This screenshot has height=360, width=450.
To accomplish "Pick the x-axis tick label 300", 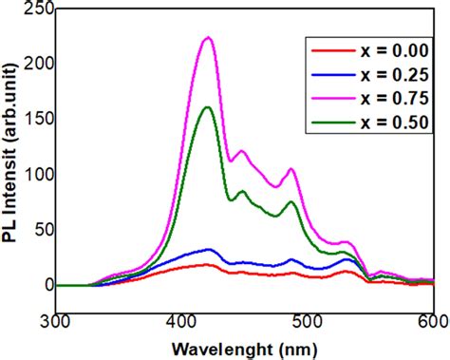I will pos(57,321).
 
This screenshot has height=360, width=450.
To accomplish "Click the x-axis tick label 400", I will pos(182,321).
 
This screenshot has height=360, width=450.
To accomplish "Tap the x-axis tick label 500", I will pos(308,321).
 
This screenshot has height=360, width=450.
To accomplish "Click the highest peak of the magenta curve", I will pos(208,38).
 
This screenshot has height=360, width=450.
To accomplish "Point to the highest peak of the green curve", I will pos(208,107).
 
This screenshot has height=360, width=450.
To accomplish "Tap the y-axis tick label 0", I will pos(44,284).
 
